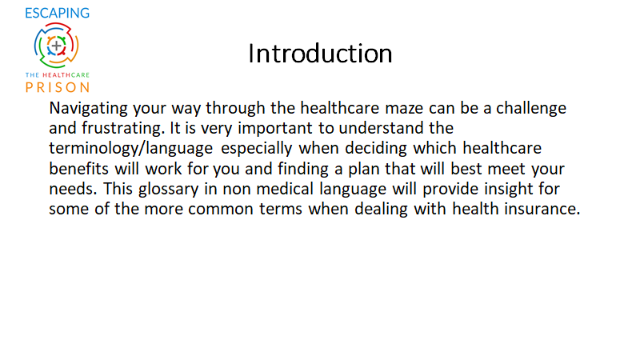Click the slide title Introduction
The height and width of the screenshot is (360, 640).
[x=320, y=54]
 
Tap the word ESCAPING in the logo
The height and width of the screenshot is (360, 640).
[x=57, y=13]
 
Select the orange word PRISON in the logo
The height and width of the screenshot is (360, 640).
[x=57, y=87]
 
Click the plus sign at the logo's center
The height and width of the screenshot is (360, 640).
[x=56, y=46]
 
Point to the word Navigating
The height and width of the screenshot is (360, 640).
[x=89, y=109]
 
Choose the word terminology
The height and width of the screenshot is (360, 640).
[x=94, y=149]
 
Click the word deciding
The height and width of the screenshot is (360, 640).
[x=376, y=149]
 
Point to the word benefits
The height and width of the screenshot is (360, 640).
[x=78, y=168]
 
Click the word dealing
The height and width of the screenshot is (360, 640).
[x=381, y=210]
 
